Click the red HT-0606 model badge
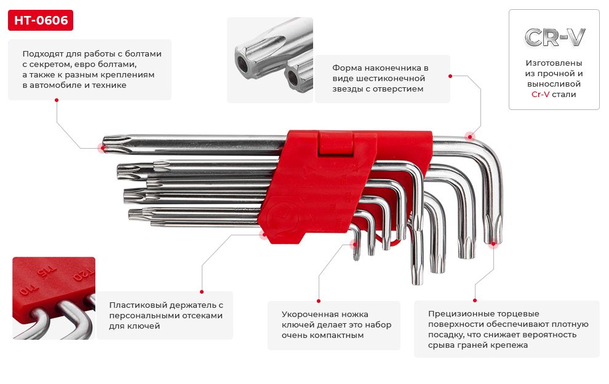(41, 21)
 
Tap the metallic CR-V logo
(554, 37)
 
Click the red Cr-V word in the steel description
(541, 95)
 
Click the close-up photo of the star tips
(270, 60)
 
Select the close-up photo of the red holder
(54, 298)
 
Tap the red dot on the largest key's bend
(470, 136)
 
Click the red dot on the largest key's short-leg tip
(493, 243)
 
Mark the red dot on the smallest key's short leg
(355, 244)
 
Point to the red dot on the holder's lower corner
(264, 233)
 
